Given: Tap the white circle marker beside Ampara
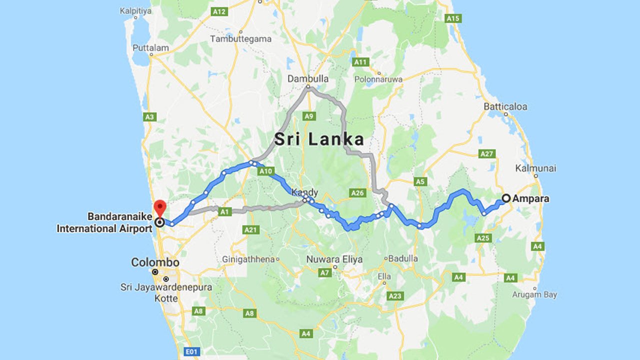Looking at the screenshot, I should click(x=506, y=198).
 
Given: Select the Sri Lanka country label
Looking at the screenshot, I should click(x=319, y=139).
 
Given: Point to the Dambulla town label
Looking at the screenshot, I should click(x=308, y=78).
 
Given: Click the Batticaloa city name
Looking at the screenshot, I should click(x=505, y=106).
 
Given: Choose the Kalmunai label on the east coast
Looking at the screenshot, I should click(x=536, y=168).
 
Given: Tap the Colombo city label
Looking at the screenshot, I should click(x=155, y=262).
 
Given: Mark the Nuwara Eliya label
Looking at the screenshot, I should click(x=335, y=259).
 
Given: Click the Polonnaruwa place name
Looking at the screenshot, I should click(x=378, y=79).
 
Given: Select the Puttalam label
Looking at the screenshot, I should click(x=150, y=48).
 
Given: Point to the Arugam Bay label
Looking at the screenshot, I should click(x=534, y=294).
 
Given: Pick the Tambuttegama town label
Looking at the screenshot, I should click(x=240, y=38).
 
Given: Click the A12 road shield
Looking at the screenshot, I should click(x=219, y=11).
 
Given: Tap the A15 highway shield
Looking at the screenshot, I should click(x=452, y=18).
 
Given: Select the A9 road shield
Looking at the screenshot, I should click(x=309, y=116).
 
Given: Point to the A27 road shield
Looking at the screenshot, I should click(x=486, y=153).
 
